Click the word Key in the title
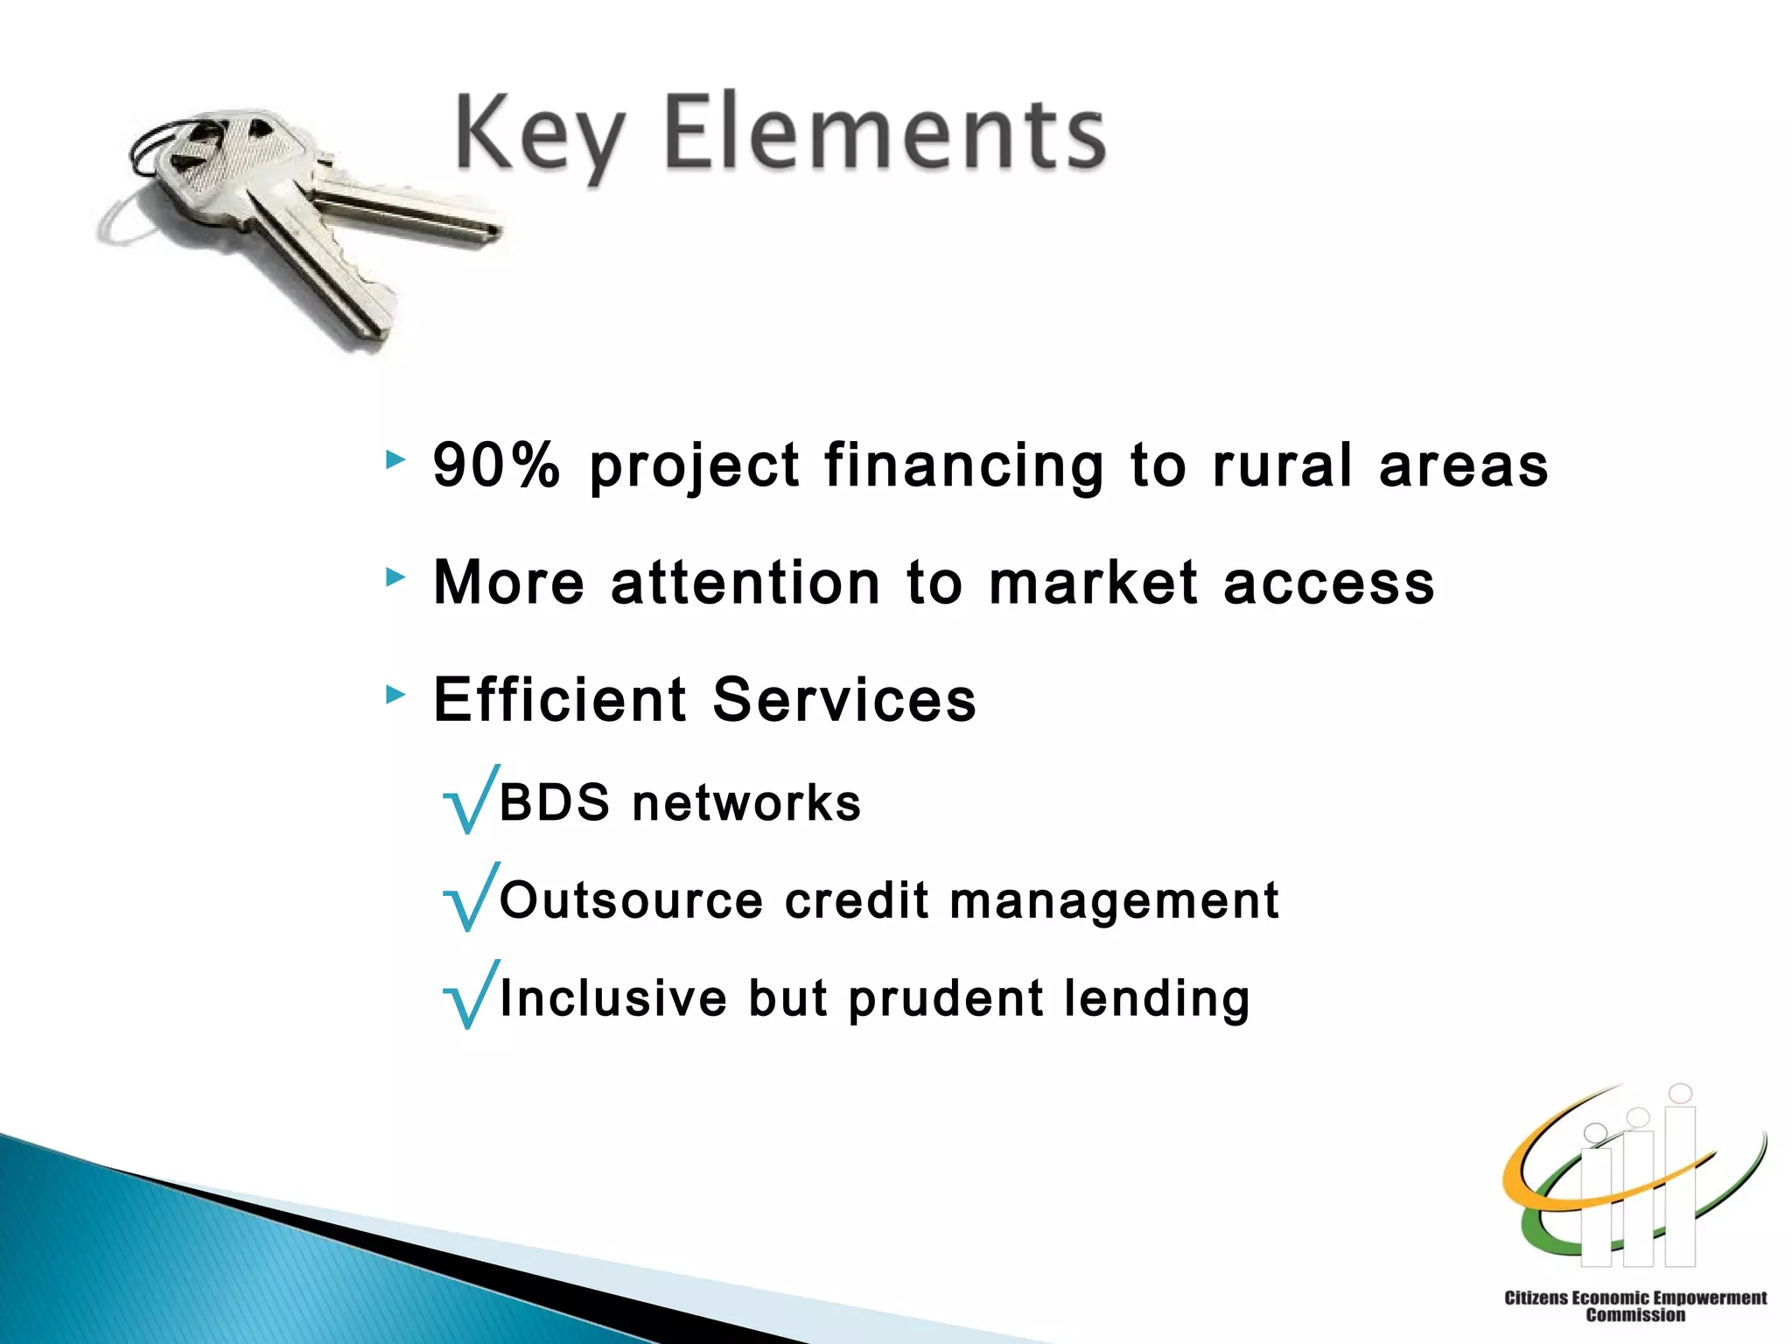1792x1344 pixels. coord(538,136)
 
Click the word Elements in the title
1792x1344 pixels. coord(884,133)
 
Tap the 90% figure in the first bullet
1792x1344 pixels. coord(496,465)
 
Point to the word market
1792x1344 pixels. coord(1093,583)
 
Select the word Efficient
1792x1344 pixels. coord(560,699)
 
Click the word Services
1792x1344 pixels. coord(844,699)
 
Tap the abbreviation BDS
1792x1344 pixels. coord(554,802)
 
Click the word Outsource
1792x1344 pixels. coord(631,900)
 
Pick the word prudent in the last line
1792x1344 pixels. coord(946,999)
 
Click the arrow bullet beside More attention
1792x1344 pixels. coord(395,577)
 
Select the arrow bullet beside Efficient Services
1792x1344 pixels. coord(395,695)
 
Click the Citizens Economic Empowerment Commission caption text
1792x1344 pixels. coord(1634,1305)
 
